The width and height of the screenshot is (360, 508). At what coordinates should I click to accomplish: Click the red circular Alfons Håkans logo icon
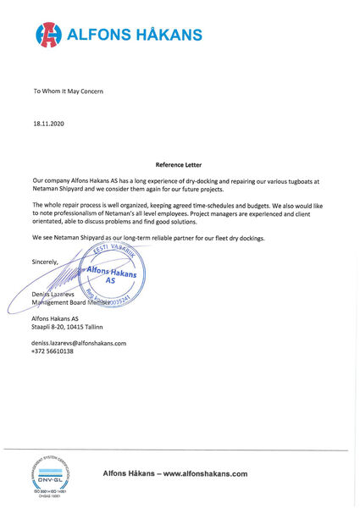pyautogui.click(x=48, y=35)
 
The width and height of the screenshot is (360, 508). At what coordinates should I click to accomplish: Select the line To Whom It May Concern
pyautogui.click(x=68, y=90)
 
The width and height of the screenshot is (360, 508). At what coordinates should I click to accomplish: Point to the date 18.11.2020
pyautogui.click(x=48, y=123)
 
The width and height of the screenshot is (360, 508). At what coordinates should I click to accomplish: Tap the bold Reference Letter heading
pyautogui.click(x=180, y=165)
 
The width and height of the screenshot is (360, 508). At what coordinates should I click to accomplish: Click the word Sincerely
pyautogui.click(x=46, y=262)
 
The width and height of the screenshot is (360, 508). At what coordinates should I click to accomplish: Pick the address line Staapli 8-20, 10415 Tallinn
pyautogui.click(x=67, y=326)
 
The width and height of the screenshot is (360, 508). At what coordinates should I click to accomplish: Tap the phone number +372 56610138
pyautogui.click(x=53, y=351)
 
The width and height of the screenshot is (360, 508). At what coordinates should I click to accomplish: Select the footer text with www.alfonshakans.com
pyautogui.click(x=174, y=473)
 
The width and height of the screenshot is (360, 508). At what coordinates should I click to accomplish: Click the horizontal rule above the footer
pyautogui.click(x=180, y=450)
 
